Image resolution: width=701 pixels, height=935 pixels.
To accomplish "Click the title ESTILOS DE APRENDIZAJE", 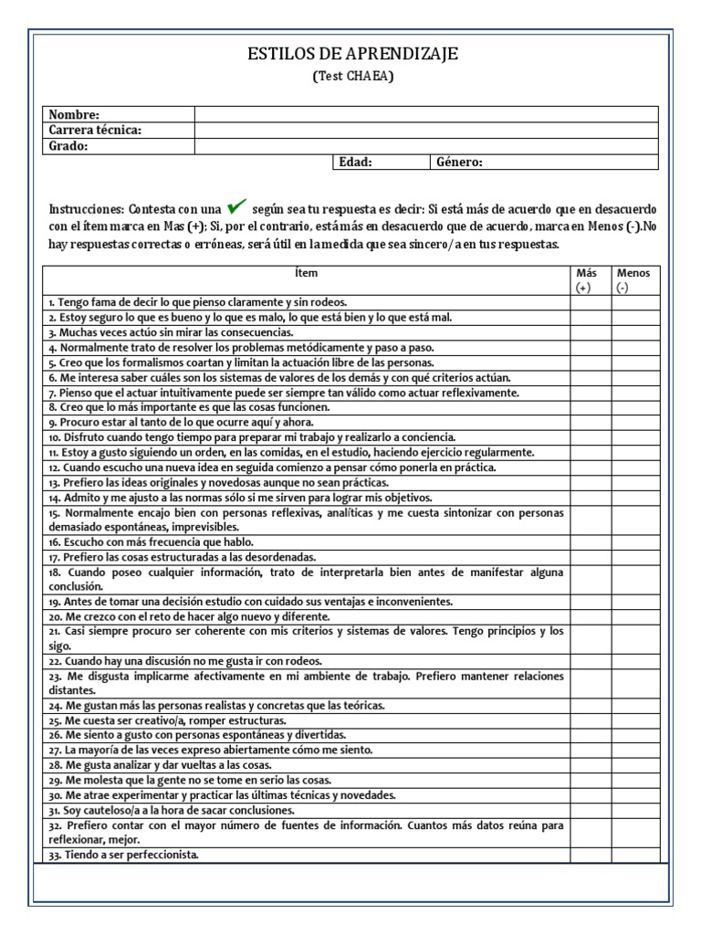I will pyautogui.click(x=352, y=56).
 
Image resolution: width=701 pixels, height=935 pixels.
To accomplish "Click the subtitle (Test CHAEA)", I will pyautogui.click(x=352, y=77).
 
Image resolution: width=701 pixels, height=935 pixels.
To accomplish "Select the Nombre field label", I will pyautogui.click(x=74, y=114).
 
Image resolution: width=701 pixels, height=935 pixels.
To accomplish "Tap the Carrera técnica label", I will pyautogui.click(x=95, y=130).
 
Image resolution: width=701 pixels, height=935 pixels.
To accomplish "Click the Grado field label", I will pyautogui.click(x=68, y=145).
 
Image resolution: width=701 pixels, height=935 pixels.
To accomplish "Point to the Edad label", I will pyautogui.click(x=355, y=162).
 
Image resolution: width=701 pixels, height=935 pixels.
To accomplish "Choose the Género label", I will pyautogui.click(x=460, y=162).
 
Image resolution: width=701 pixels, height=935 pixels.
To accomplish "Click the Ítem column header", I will pyautogui.click(x=307, y=273).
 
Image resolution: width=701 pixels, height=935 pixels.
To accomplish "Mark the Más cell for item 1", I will pyautogui.click(x=591, y=302).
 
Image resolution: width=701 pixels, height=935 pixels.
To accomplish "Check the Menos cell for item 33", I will pyautogui.click(x=633, y=856).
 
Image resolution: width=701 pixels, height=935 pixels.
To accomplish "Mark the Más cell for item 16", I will pyautogui.click(x=591, y=541).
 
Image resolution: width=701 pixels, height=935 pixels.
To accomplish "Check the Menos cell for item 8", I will pyautogui.click(x=633, y=407).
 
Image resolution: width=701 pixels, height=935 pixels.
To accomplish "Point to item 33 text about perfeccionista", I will pyautogui.click(x=123, y=856).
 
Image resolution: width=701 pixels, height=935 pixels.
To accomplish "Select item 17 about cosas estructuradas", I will pyautogui.click(x=169, y=556).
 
